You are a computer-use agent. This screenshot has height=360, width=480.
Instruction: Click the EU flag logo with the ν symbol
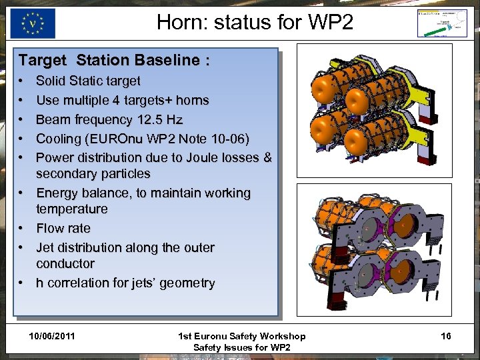[x=33, y=23]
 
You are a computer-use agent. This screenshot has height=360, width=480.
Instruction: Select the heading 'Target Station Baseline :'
[x=115, y=61]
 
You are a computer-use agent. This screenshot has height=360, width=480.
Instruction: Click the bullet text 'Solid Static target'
[x=88, y=81]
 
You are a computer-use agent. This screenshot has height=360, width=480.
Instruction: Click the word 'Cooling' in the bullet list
[x=59, y=139]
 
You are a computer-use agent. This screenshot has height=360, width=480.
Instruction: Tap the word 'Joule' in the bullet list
[x=207, y=158]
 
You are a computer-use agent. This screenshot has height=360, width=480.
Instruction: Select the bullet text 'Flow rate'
[x=63, y=229]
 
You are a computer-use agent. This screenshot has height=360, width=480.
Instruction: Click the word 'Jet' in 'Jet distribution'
[x=46, y=248]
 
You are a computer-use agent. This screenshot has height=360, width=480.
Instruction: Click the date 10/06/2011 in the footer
[x=52, y=336]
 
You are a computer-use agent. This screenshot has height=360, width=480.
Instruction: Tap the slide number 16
[x=445, y=336]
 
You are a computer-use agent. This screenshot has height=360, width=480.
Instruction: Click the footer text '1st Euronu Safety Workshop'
[x=241, y=337]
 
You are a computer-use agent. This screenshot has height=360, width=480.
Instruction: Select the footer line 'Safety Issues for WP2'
[x=241, y=347]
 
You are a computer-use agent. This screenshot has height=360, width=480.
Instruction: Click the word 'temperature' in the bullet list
[x=71, y=209]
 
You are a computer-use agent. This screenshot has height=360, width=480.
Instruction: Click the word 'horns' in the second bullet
[x=192, y=101]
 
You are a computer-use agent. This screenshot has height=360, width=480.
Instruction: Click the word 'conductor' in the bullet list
[x=65, y=264]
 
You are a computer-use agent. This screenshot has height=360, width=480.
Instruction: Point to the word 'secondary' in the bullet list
[x=64, y=174]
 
